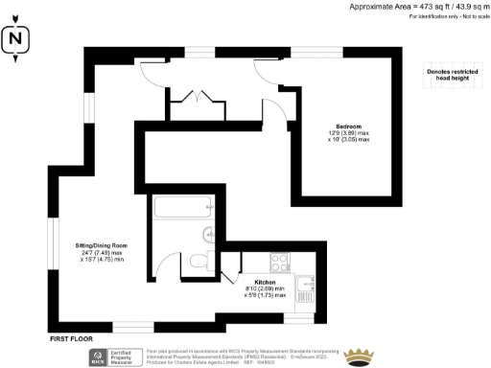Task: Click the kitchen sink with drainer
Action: (x=307, y=285)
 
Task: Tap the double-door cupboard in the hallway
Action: (x=197, y=98)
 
